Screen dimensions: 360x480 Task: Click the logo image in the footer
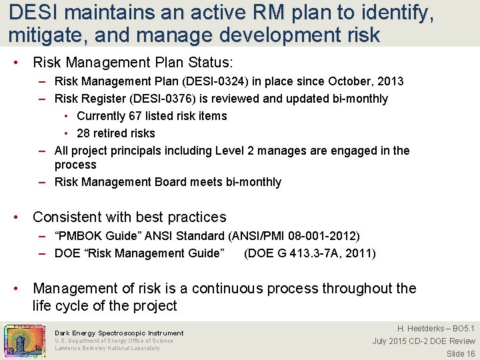click(25, 341)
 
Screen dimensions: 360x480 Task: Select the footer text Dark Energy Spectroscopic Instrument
click(119, 333)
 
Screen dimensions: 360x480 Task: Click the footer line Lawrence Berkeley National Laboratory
click(107, 348)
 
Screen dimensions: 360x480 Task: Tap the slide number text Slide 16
click(461, 353)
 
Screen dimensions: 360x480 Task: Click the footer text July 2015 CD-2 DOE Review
click(424, 341)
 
